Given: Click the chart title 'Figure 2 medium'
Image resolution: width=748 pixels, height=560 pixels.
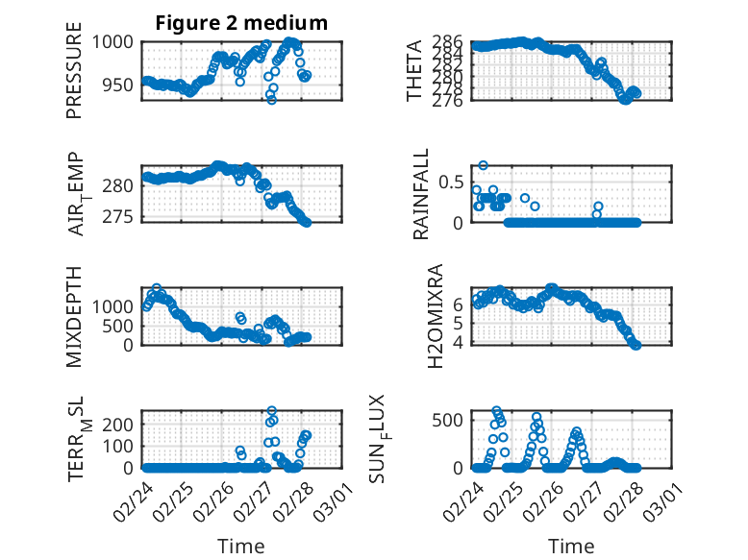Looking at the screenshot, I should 240,23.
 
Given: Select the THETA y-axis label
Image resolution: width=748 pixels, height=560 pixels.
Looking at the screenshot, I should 413,71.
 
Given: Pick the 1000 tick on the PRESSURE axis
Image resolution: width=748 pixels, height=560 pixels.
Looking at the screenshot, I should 118,42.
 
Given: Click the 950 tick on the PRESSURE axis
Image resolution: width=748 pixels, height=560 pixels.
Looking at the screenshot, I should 122,85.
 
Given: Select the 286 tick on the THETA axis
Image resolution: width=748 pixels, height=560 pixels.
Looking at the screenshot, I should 449,42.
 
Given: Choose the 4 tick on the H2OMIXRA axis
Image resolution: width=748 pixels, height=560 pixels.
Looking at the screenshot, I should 459,342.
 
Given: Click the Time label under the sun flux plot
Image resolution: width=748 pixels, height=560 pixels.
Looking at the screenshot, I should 571,546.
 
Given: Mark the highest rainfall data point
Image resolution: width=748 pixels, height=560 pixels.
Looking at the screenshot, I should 484,165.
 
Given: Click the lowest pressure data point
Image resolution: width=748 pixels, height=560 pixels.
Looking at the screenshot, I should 271,99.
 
